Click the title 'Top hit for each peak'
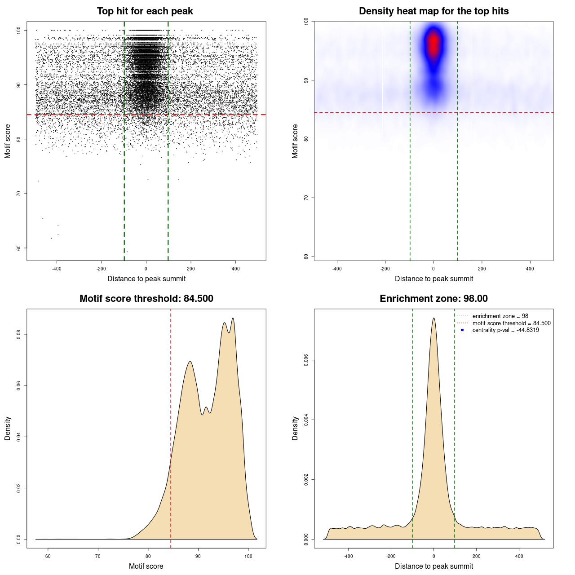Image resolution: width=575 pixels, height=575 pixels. (x=145, y=11)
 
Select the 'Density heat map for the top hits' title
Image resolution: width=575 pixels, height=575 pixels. (x=433, y=11)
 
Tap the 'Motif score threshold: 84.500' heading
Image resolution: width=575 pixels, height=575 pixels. (x=146, y=299)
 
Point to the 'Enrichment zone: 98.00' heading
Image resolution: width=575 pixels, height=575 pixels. (x=433, y=299)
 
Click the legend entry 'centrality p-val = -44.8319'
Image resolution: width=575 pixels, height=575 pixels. (x=505, y=330)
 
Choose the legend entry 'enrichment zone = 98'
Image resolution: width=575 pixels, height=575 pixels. (x=500, y=316)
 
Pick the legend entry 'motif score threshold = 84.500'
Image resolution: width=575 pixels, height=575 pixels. (x=511, y=323)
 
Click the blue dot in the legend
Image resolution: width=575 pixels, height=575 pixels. (x=462, y=330)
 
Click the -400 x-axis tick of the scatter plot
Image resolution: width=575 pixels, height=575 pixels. (x=57, y=269)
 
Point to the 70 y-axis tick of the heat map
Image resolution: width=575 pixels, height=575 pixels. (x=306, y=198)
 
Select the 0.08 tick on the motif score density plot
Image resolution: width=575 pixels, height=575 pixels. (x=19, y=334)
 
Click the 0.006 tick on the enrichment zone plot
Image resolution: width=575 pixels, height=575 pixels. (x=306, y=360)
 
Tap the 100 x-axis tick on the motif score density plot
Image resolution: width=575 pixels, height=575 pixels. (x=248, y=556)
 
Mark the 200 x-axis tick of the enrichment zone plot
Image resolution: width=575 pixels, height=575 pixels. (x=477, y=556)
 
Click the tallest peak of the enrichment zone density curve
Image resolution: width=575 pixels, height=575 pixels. (x=433, y=318)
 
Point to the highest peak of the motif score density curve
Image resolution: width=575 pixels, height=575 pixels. (x=233, y=318)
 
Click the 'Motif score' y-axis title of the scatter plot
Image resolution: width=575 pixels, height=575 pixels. (x=8, y=141)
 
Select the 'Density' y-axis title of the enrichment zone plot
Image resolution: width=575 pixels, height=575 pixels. (x=295, y=428)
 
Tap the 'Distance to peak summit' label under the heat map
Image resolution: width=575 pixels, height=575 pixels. (x=433, y=279)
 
